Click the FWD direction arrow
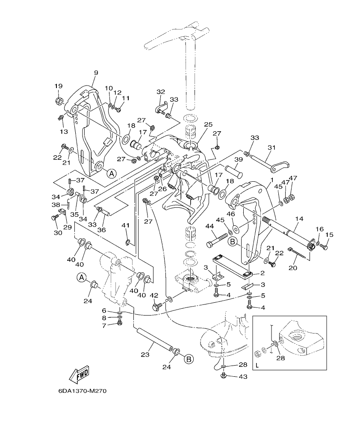click(x=80, y=375)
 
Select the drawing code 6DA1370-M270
click(x=82, y=391)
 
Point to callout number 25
click(x=208, y=124)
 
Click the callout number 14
click(x=299, y=218)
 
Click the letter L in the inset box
click(x=257, y=366)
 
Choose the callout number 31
click(x=270, y=148)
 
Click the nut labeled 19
click(x=59, y=101)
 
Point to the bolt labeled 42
click(x=157, y=307)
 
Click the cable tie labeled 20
click(x=298, y=253)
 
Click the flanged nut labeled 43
click(x=223, y=375)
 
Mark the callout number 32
click(x=161, y=92)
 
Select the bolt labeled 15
click(x=324, y=247)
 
